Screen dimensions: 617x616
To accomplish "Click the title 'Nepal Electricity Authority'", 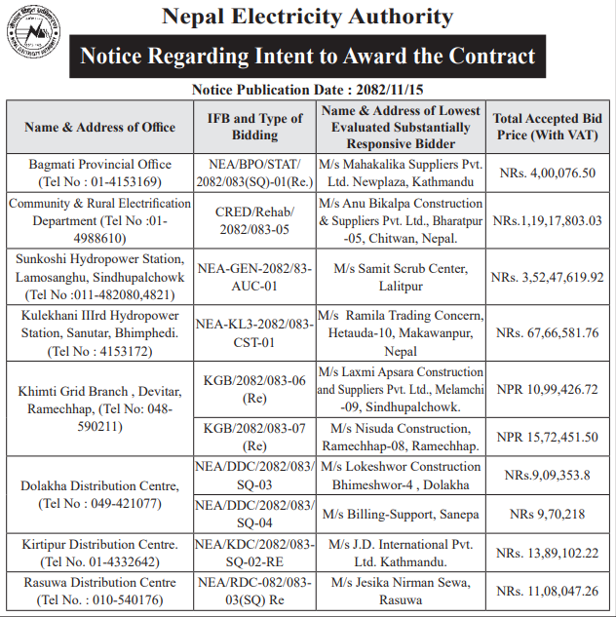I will (x=307, y=17).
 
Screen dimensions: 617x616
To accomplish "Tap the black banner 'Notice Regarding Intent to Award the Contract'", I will (x=307, y=57).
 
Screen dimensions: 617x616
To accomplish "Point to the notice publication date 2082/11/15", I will (x=308, y=90).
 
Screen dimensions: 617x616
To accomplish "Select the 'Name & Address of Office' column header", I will (x=99, y=127).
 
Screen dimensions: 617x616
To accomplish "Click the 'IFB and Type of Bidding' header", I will (x=255, y=127).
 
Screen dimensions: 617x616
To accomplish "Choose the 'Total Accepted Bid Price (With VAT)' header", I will (x=547, y=127).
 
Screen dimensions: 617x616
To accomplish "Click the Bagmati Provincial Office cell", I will (x=99, y=173).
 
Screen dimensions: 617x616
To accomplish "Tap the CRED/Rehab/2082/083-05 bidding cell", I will (x=255, y=220).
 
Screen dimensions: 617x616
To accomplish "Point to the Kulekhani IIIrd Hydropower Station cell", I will (x=99, y=332).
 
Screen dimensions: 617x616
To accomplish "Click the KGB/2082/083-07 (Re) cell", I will (x=255, y=436).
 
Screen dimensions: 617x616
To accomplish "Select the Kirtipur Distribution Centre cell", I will (x=99, y=552).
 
